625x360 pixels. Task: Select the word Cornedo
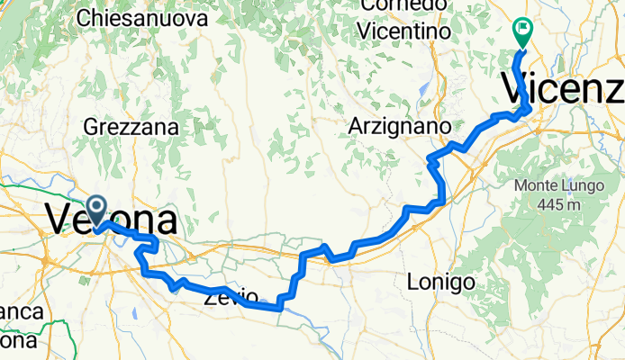click(403, 6)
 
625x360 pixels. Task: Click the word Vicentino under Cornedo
click(403, 31)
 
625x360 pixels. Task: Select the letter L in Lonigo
click(412, 282)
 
